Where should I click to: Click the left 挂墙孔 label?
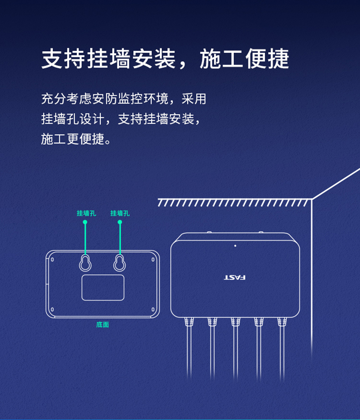(x=86, y=213)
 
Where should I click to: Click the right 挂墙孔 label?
(x=120, y=213)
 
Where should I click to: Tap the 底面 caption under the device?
(x=103, y=325)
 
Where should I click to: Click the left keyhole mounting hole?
(x=85, y=263)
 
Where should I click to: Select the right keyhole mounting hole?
(x=119, y=263)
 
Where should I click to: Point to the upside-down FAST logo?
(x=235, y=277)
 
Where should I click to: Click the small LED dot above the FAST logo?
(x=235, y=246)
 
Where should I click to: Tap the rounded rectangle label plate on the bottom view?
(x=103, y=287)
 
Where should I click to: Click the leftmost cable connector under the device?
(x=189, y=322)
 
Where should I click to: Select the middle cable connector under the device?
(x=236, y=322)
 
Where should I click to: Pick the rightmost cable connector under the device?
(x=282, y=322)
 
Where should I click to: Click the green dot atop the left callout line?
(x=85, y=222)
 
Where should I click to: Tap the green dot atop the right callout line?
(x=120, y=222)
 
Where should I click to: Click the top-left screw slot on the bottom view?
(x=52, y=259)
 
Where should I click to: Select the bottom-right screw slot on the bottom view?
(x=153, y=309)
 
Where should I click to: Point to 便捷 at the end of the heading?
(x=267, y=59)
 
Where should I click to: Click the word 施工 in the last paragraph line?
(x=54, y=139)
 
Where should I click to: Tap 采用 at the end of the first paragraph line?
(x=194, y=99)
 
